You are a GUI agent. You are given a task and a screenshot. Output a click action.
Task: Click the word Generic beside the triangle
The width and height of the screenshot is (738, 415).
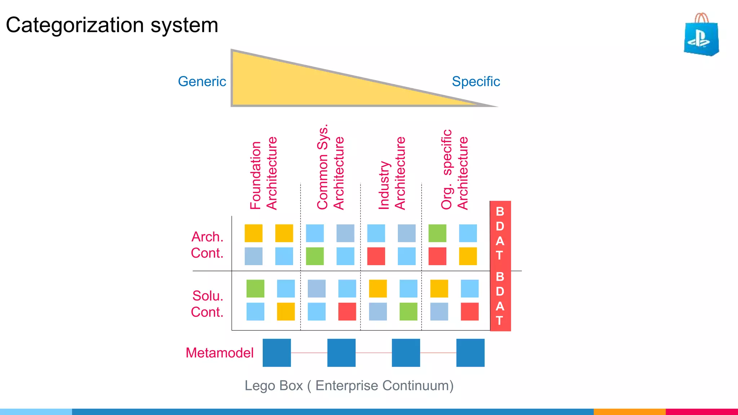(202, 81)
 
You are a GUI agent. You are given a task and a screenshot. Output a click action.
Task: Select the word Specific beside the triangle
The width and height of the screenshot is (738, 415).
(476, 81)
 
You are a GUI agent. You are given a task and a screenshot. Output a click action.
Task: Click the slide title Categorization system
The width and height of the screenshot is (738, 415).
(112, 25)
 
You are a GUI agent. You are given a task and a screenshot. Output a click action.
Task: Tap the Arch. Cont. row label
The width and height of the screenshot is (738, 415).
(207, 245)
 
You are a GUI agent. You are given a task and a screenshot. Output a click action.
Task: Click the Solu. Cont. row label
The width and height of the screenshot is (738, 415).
(207, 304)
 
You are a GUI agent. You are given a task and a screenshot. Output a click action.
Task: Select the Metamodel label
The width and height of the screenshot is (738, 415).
(219, 353)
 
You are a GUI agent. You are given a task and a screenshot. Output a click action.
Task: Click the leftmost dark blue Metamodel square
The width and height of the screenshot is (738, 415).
(277, 353)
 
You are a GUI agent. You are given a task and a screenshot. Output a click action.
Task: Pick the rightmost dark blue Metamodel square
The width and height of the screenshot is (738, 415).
(470, 353)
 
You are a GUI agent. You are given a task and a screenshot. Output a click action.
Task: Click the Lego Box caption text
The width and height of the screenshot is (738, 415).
(349, 385)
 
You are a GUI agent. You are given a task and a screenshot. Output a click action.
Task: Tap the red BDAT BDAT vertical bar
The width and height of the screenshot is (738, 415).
(500, 266)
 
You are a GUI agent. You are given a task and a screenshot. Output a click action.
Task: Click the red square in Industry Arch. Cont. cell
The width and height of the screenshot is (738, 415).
(376, 256)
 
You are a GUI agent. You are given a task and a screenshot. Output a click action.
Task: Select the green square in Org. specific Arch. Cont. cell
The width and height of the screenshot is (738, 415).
(437, 233)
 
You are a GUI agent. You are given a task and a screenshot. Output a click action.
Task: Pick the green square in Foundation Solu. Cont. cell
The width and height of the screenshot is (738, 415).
(255, 289)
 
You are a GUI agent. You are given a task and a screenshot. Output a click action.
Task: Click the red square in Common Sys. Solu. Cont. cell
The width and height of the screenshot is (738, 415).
(347, 312)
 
